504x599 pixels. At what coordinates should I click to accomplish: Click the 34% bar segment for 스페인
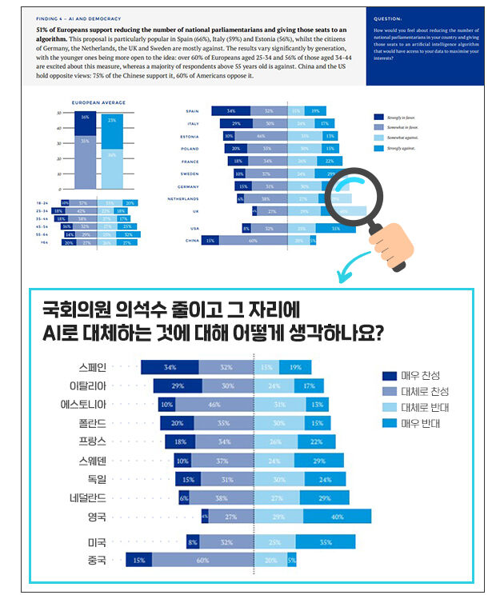[170, 367]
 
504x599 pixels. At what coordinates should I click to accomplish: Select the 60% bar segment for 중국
[202, 561]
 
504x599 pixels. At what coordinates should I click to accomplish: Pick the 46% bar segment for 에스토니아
[214, 405]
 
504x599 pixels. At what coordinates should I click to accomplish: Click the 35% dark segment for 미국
[326, 541]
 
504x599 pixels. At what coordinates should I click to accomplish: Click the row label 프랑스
[92, 441]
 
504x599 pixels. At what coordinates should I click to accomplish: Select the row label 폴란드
[92, 422]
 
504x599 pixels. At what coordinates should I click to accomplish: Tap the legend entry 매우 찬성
[415, 375]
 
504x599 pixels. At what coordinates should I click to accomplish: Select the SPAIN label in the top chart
[192, 111]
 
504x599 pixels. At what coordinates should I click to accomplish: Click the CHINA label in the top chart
[191, 240]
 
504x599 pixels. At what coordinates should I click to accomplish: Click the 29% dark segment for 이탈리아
[178, 385]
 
